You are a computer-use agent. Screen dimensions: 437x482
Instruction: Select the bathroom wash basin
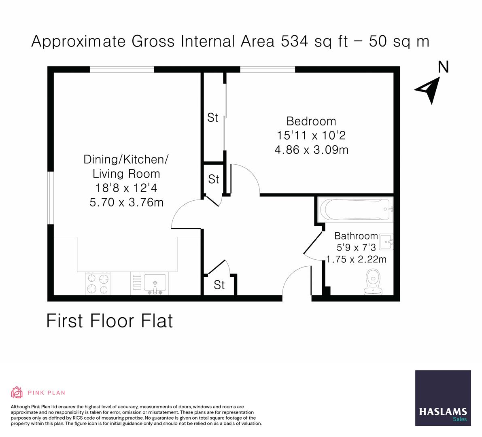(386, 242)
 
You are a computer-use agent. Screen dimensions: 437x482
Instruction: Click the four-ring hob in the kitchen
(98, 283)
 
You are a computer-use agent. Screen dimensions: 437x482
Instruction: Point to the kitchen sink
(154, 282)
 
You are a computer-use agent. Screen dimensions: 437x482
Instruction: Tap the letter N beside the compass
(444, 66)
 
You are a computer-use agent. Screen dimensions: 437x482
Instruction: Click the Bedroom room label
(311, 121)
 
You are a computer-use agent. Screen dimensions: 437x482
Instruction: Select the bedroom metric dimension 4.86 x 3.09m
(311, 150)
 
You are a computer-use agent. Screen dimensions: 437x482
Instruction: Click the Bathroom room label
(356, 236)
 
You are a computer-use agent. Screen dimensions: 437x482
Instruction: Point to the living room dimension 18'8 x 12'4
(126, 188)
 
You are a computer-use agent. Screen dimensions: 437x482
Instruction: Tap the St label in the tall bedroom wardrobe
(212, 118)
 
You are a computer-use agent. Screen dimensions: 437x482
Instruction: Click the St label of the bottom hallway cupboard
(219, 285)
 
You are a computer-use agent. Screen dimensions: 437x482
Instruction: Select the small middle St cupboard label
(213, 179)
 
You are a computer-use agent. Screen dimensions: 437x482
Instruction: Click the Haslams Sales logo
(443, 398)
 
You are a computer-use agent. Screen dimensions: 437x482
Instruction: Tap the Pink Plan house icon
(17, 392)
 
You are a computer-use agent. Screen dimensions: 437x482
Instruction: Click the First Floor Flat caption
(110, 321)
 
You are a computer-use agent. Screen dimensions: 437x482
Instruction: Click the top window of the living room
(122, 70)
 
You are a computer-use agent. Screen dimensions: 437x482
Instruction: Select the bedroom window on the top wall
(268, 70)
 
